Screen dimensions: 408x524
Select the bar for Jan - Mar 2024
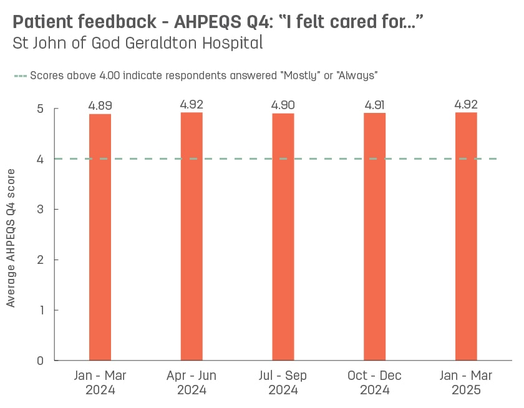(100, 237)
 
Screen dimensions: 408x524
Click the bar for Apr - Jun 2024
(192, 236)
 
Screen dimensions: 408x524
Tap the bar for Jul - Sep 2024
(283, 237)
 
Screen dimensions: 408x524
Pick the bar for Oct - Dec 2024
(375, 236)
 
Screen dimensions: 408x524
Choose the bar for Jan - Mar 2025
(466, 236)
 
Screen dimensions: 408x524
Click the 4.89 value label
(100, 105)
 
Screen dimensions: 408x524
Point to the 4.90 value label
(283, 105)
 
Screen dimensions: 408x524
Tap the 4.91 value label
(375, 105)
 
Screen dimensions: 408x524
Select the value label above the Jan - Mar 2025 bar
(466, 104)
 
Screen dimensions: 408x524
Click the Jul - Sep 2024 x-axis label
(283, 383)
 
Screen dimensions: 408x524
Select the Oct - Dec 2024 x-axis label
(375, 383)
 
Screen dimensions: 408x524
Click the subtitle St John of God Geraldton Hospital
(137, 44)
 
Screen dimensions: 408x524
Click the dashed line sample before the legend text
(20, 75)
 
